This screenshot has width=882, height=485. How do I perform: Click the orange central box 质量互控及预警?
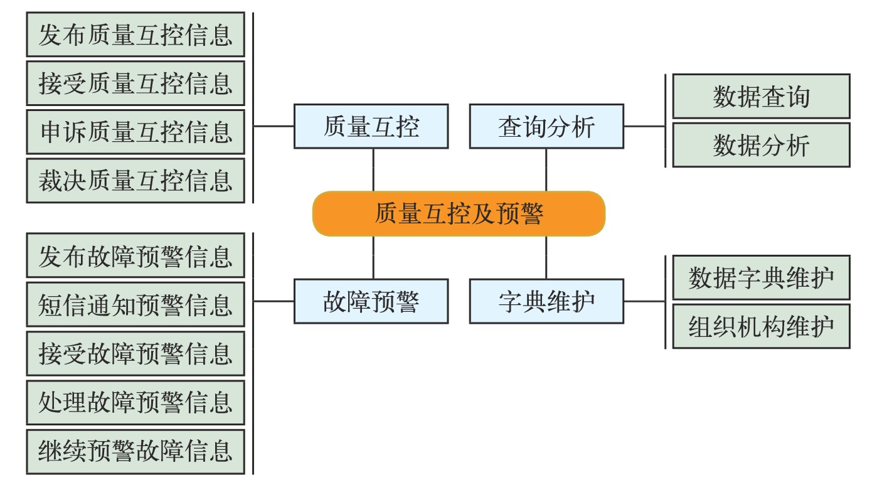tap(459, 214)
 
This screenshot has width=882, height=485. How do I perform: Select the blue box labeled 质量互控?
tap(371, 126)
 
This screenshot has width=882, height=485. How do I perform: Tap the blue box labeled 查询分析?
tap(546, 126)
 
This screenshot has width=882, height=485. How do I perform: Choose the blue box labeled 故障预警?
tap(371, 302)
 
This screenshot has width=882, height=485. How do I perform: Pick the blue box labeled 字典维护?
tap(546, 302)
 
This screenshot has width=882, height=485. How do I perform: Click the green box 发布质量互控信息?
tap(135, 35)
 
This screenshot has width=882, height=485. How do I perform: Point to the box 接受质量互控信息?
tap(135, 83)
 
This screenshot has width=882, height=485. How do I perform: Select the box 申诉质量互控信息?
tap(135, 132)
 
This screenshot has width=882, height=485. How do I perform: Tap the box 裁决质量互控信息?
tap(135, 181)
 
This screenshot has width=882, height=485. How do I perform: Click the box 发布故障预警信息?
tap(135, 255)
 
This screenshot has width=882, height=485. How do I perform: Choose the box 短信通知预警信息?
tap(135, 304)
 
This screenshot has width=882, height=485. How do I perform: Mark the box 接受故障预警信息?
tap(135, 353)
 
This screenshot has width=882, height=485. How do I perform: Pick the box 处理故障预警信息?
tap(135, 402)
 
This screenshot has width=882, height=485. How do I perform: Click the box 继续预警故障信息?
tap(135, 452)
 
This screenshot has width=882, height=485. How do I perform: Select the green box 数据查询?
tap(761, 96)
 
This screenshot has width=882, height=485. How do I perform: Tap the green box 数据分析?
tap(761, 145)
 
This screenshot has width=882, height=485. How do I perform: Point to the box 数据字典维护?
tap(761, 277)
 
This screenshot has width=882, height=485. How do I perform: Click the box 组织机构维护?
tap(761, 326)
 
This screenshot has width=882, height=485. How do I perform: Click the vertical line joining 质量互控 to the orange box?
tap(373, 170)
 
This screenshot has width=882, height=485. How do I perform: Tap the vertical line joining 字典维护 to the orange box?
tap(546, 258)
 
